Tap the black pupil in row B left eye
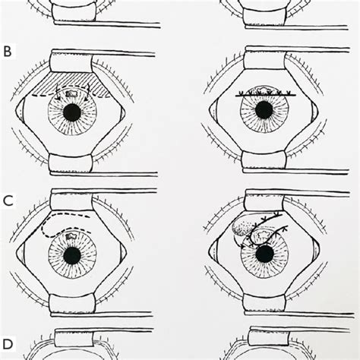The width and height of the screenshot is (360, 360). pos(72,112)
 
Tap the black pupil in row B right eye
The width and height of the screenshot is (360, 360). pos(264,110)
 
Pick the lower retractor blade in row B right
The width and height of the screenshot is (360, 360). pos(264,162)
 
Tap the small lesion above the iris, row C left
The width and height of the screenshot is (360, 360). pos(70,236)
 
